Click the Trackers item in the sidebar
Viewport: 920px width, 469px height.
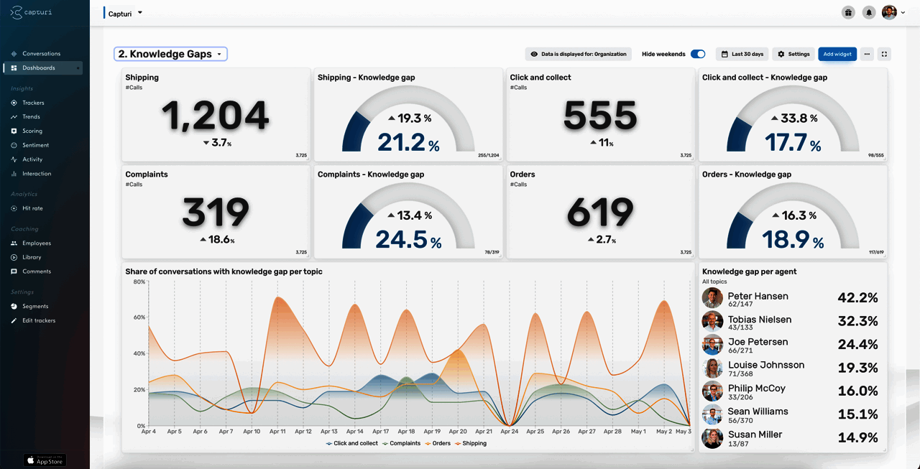coord(32,103)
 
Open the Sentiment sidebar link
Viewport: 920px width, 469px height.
coord(35,145)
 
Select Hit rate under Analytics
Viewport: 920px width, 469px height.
coord(32,208)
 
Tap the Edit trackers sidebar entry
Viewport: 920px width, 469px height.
coord(38,320)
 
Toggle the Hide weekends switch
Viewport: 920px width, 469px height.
coord(697,54)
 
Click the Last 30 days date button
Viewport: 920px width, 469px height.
coord(742,54)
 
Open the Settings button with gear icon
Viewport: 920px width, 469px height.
coord(793,54)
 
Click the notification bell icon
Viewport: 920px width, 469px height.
coord(869,12)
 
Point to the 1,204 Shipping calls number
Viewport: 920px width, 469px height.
coord(215,115)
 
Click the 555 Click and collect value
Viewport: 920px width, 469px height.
coord(600,115)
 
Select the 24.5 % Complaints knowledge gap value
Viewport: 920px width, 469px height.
coord(408,239)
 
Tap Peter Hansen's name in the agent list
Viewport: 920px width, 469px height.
coord(758,296)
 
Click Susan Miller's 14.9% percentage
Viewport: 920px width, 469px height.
coord(857,437)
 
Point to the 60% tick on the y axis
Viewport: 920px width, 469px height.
coord(139,317)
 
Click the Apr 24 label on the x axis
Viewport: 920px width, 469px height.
coord(510,432)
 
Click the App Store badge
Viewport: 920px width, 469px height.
coord(45,460)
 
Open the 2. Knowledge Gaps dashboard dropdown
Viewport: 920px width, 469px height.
coord(170,54)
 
